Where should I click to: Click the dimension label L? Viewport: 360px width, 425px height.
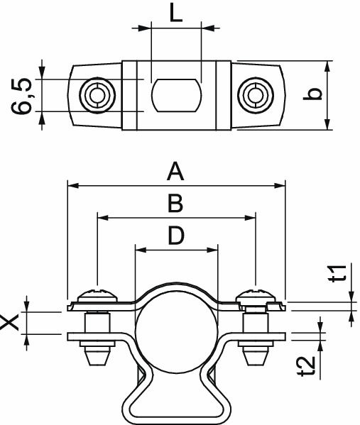pyautogui.click(x=177, y=13)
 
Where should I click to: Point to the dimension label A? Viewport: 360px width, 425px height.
pyautogui.click(x=175, y=172)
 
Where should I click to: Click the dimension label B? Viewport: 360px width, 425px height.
pyautogui.click(x=175, y=204)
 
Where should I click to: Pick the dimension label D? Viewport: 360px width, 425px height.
pyautogui.click(x=176, y=236)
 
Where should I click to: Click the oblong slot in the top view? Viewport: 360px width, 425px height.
pyautogui.click(x=175, y=94)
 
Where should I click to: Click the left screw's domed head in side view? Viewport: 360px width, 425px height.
pyautogui.click(x=95, y=294)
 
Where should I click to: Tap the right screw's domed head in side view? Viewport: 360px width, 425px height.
pyautogui.click(x=256, y=294)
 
